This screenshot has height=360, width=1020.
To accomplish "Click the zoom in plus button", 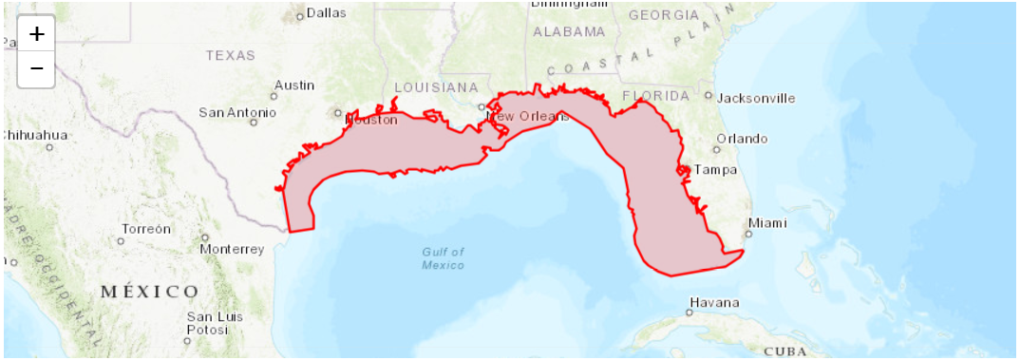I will click(x=36, y=34).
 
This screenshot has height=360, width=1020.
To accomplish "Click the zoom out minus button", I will click(x=36, y=68).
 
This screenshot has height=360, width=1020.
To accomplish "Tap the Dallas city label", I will click(x=326, y=13).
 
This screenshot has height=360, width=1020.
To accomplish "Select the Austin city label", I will click(x=294, y=85).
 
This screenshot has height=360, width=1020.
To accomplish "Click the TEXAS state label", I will click(x=231, y=55).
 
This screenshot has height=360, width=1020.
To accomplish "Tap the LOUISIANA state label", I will click(x=436, y=86).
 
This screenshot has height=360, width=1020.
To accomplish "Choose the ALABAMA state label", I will click(x=568, y=31).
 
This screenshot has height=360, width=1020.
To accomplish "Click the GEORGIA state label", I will click(x=664, y=15).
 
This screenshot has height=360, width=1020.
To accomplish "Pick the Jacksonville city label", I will click(x=756, y=98).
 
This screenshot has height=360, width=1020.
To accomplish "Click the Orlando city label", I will click(x=742, y=139).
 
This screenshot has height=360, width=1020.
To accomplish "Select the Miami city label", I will click(x=767, y=224).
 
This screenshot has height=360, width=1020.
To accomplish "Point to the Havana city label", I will click(x=714, y=303).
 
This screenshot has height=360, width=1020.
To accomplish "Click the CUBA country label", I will click(x=785, y=351).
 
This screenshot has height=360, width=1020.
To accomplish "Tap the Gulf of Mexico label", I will click(x=444, y=258).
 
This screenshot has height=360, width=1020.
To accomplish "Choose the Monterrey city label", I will click(x=232, y=249).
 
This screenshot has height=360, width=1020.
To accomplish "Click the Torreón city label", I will click(x=146, y=229).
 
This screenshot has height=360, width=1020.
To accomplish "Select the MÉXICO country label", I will click(x=150, y=291).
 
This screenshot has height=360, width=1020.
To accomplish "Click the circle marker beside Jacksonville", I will click(x=708, y=95).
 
